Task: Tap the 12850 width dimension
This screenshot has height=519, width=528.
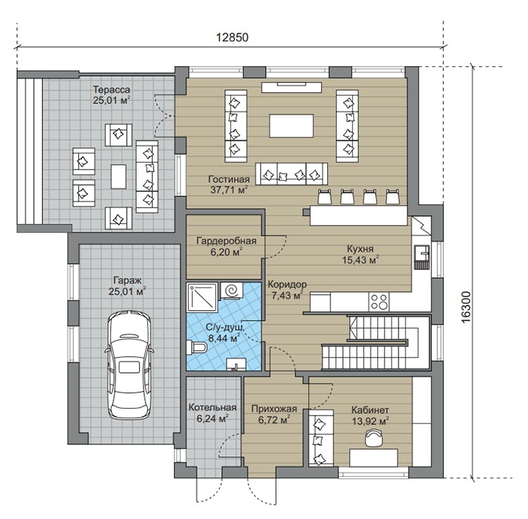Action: click(x=232, y=37)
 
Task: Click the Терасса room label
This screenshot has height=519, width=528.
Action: click(x=111, y=90)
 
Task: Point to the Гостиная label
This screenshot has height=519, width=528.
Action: click(x=229, y=179)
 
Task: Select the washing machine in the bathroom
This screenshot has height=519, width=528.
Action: click(x=231, y=290)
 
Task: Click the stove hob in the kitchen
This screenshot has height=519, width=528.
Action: click(x=379, y=302)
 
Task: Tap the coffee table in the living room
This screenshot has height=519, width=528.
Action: click(x=291, y=125)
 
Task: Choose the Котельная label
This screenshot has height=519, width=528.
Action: click(x=213, y=408)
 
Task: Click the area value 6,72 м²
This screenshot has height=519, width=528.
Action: click(x=274, y=420)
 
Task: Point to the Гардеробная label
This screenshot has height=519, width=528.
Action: click(x=227, y=241)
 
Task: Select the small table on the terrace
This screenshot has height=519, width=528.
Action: click(x=118, y=177)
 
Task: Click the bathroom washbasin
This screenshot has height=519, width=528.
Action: click(x=237, y=364)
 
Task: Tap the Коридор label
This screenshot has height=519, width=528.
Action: click(x=287, y=284)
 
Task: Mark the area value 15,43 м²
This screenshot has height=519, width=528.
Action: click(x=360, y=259)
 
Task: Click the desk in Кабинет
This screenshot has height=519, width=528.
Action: click(x=373, y=457)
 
